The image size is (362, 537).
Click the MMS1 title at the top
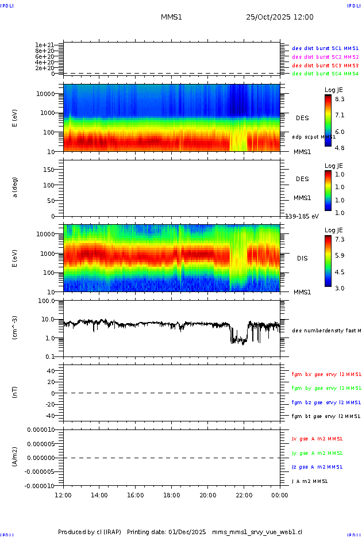pos(171,17)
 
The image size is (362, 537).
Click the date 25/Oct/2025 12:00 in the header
pos(280,17)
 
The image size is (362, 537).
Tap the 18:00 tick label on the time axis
pos(171,494)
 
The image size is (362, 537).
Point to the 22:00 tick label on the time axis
pos(244,494)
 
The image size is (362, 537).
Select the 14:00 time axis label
pos(99,494)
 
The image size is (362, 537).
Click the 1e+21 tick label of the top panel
pos(44,45)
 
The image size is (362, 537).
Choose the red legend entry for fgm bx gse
pos(325,374)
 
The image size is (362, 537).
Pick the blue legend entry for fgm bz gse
pos(325,402)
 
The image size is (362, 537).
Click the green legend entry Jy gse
pos(317,453)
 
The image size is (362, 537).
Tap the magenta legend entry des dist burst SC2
pos(325,57)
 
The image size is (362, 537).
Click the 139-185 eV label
pos(302,216)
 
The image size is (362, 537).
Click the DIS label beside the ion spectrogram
pos(302,258)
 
